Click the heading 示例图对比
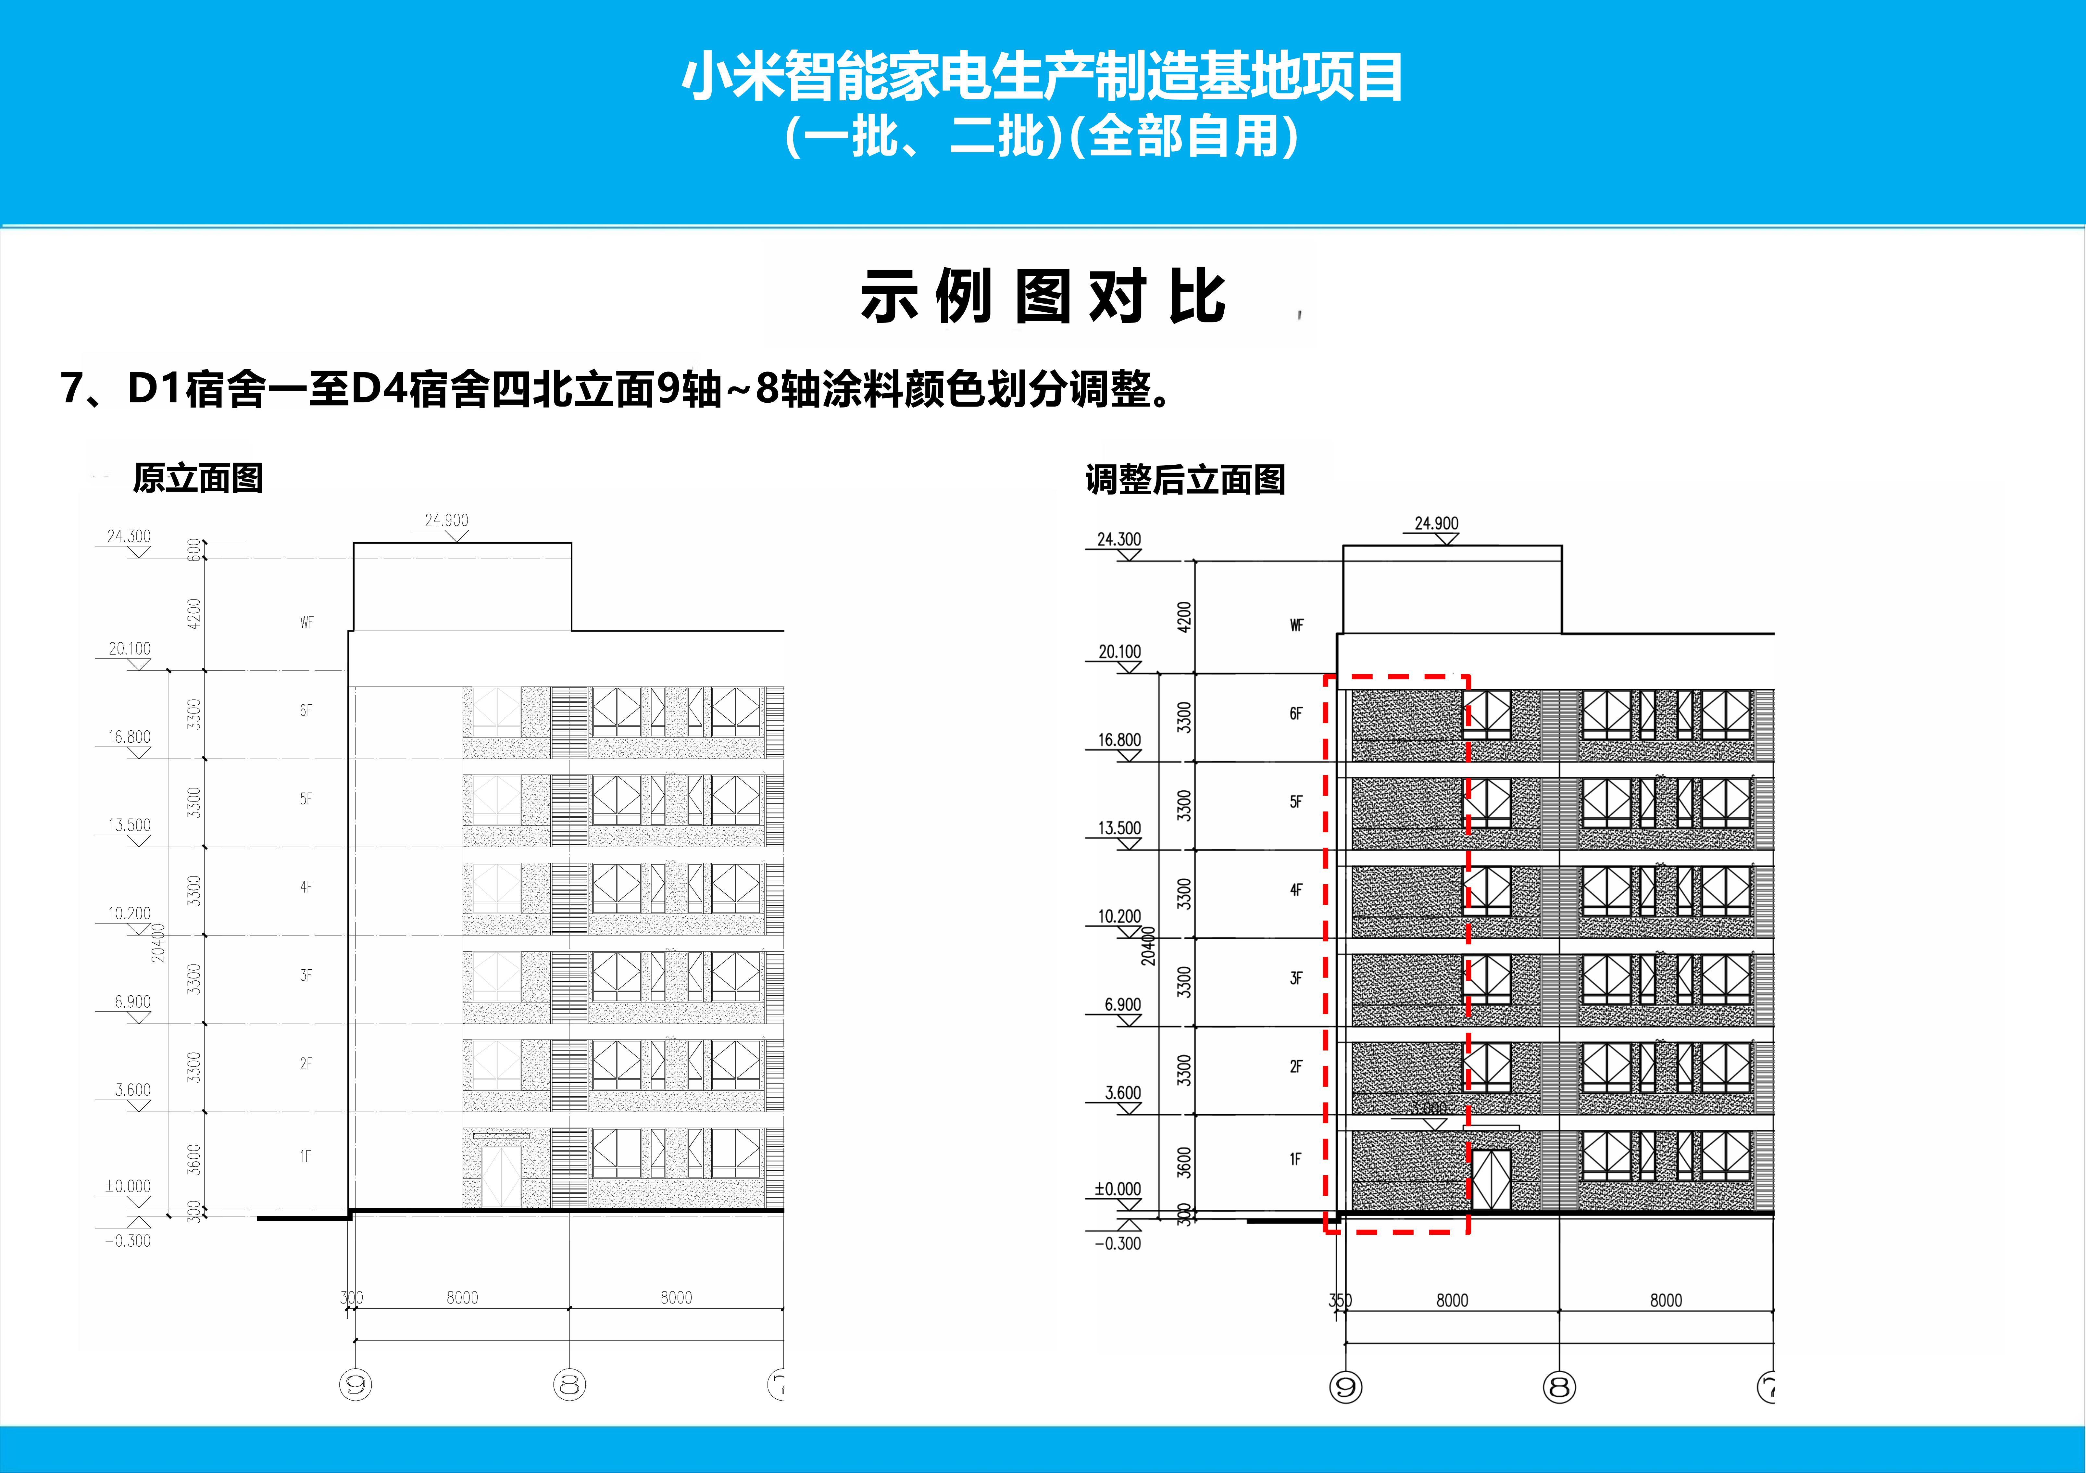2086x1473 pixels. [x=1043, y=297]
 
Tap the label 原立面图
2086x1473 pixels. [x=198, y=478]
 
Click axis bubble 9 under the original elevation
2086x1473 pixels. [x=355, y=1385]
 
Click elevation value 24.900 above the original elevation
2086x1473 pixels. [x=446, y=521]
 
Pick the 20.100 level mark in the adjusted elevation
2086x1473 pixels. [x=1119, y=651]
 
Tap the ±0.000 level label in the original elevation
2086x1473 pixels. [x=127, y=1186]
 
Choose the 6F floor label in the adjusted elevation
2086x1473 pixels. [x=1295, y=714]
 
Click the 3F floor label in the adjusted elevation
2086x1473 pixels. [x=1295, y=979]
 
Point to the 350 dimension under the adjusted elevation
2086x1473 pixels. [x=1340, y=1300]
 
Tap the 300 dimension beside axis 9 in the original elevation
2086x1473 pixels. [x=351, y=1298]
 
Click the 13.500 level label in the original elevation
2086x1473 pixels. [x=129, y=825]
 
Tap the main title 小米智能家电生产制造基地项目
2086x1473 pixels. [x=1043, y=77]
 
